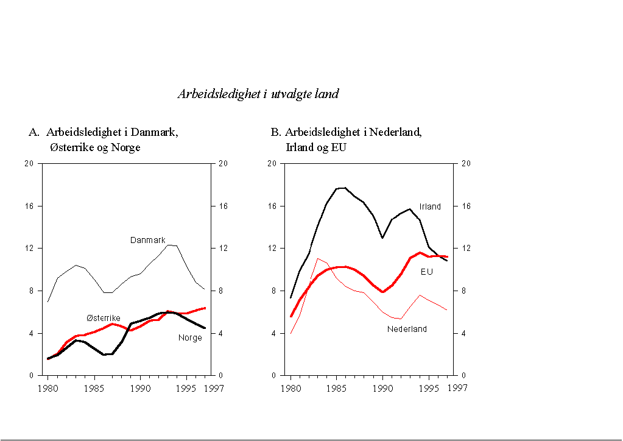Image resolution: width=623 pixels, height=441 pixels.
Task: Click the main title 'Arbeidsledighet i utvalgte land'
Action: [x=258, y=94]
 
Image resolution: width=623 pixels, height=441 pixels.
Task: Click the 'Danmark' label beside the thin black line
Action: [x=147, y=240]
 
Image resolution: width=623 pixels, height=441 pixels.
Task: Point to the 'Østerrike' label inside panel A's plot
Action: [x=103, y=318]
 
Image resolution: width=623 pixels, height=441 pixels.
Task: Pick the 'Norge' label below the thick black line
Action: [x=190, y=337]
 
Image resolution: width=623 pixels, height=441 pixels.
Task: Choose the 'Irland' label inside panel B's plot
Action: [x=429, y=206]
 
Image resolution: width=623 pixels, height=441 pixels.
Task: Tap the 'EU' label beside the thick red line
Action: [x=426, y=272]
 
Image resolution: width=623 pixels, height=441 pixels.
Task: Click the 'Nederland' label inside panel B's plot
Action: [x=407, y=329]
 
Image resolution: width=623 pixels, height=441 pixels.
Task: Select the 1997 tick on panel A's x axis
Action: [x=214, y=388]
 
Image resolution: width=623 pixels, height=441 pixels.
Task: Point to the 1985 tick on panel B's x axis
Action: [x=337, y=388]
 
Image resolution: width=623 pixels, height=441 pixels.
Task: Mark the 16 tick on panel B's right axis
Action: [x=466, y=206]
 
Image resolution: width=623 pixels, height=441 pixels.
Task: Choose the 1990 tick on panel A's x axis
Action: [x=140, y=388]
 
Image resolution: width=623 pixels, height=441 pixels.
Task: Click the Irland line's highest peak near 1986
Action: [x=342, y=188]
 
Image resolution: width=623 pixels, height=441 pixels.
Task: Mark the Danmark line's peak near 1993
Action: [x=171, y=245]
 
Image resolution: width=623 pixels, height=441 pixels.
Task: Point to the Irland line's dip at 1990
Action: [x=382, y=238]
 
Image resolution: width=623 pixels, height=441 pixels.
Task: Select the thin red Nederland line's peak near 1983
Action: [x=318, y=258]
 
